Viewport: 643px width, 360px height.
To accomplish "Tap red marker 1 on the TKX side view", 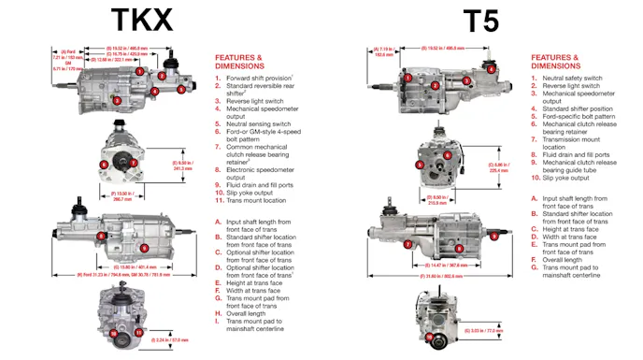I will (138, 71).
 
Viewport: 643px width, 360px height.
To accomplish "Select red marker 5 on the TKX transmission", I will (180, 90).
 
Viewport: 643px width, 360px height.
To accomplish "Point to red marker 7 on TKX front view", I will (134, 163).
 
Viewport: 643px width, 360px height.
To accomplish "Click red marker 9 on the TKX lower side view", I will (144, 248).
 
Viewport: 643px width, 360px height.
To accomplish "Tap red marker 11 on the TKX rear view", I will (137, 332).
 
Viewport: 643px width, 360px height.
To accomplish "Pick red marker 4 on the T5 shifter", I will (492, 67).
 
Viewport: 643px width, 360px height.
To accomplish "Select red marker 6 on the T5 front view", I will (448, 155).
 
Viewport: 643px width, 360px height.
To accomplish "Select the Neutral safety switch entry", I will (578, 78).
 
